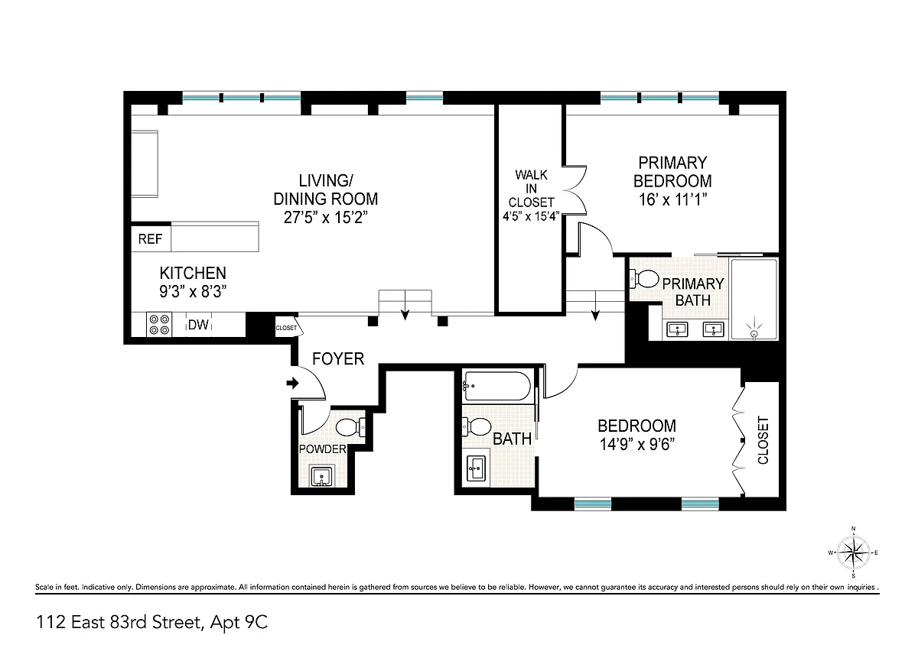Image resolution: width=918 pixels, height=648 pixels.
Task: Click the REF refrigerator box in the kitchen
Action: click(151, 238)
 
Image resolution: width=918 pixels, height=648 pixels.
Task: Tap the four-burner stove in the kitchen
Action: click(159, 325)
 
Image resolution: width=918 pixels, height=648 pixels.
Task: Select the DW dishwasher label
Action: click(198, 325)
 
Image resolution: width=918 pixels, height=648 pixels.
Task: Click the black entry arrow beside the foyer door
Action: click(292, 383)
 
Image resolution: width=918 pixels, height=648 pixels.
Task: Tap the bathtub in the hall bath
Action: click(496, 386)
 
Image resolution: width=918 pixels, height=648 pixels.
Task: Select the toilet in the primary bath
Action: click(644, 279)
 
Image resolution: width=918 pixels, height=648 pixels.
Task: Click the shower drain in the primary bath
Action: click(754, 334)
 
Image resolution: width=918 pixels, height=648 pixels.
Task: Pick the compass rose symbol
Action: click(853, 552)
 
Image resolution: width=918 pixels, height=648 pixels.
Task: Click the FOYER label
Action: click(338, 358)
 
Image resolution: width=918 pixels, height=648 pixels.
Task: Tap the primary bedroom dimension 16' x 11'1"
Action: click(672, 199)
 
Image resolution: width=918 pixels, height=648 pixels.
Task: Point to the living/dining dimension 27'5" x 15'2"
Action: click(325, 217)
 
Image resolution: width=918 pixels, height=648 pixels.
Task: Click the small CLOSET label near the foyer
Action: click(286, 328)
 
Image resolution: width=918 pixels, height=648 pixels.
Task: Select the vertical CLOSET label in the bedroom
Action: click(763, 440)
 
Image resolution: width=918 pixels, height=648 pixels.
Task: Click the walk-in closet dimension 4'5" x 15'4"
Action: click(531, 216)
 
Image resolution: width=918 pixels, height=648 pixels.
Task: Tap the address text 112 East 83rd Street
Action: click(120, 622)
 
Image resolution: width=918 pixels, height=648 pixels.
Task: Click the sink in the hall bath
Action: click(476, 468)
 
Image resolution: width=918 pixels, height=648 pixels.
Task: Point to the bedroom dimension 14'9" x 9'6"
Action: click(636, 444)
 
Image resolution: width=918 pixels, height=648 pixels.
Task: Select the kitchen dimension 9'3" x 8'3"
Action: click(193, 291)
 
